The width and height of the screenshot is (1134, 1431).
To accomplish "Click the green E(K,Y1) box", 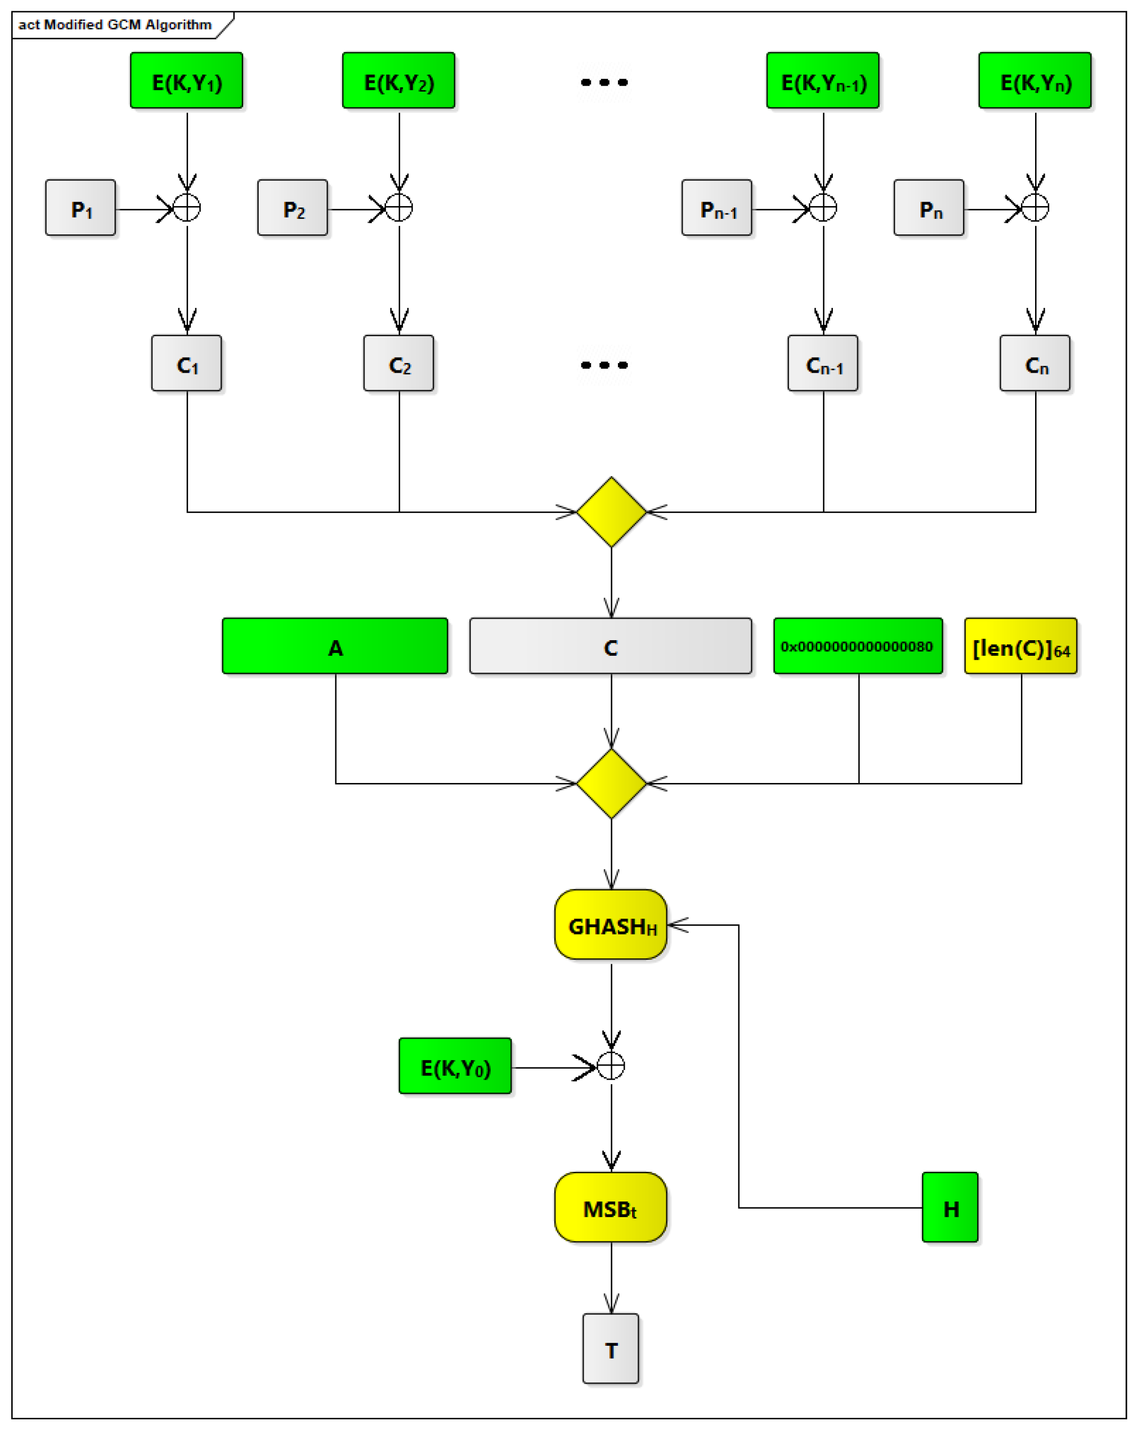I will (187, 81).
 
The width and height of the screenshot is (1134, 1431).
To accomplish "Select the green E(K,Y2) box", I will (398, 81).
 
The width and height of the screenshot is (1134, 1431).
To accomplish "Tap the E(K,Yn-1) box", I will (823, 81).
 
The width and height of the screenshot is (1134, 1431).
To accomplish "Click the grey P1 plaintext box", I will (80, 208).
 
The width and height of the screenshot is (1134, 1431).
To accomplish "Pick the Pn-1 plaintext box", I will (716, 208).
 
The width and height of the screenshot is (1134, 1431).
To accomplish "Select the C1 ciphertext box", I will (187, 363).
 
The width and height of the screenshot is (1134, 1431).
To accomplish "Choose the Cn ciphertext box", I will (1035, 363).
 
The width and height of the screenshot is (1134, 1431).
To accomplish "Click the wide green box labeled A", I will (335, 647).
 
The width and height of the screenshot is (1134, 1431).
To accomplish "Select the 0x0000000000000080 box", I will (858, 647).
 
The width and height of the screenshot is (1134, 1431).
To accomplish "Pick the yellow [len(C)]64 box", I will (1020, 647).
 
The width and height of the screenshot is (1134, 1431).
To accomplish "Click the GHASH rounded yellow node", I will (611, 925).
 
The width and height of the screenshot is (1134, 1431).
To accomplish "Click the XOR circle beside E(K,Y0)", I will (611, 1066).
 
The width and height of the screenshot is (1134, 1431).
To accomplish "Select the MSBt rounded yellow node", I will (611, 1207).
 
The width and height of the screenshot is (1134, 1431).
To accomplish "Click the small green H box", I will (950, 1207).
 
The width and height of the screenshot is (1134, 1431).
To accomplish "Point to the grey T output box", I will (611, 1349).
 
